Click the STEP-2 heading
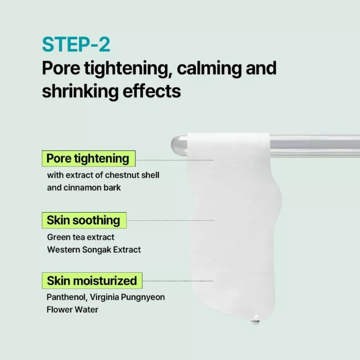coord(76,44)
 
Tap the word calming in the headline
coord(209,68)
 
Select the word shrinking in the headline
coord(80,91)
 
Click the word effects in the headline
coord(152,91)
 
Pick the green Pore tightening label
coord(88,159)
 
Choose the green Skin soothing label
coord(84,220)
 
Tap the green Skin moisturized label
coord(92,280)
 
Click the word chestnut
coord(122,175)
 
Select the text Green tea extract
coord(81,237)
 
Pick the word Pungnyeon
coord(143,297)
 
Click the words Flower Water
coord(73,310)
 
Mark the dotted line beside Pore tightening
coord(175,160)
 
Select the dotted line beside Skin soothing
coord(171,220)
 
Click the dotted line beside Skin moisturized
coord(178,281)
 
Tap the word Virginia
coord(105,297)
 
